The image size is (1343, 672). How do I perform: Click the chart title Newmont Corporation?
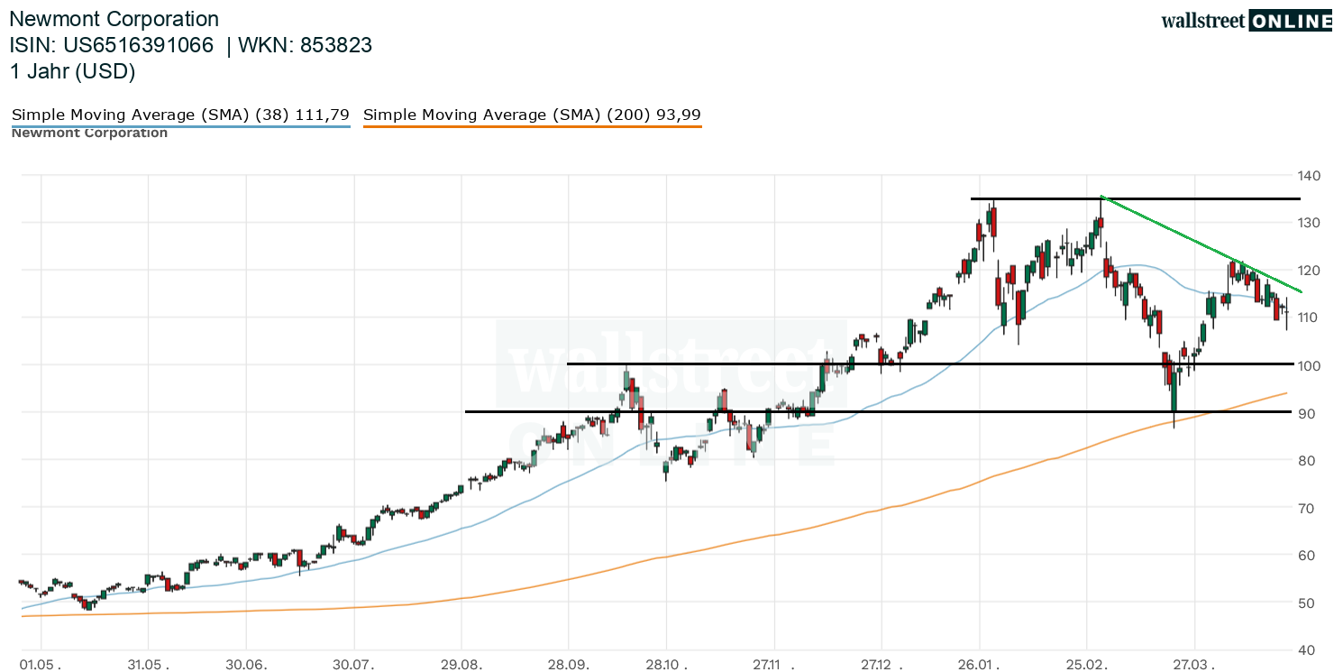pyautogui.click(x=114, y=19)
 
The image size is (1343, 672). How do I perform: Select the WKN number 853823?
pyautogui.click(x=335, y=45)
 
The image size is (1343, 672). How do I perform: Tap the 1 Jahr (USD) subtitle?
pyautogui.click(x=72, y=72)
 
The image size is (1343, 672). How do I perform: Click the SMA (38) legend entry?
pyautogui.click(x=180, y=115)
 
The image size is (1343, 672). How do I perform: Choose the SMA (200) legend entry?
pyautogui.click(x=532, y=115)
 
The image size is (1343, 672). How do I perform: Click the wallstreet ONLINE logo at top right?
pyautogui.click(x=1246, y=21)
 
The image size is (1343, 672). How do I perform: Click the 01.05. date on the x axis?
pyautogui.click(x=42, y=666)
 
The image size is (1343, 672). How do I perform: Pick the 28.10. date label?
pyautogui.click(x=666, y=666)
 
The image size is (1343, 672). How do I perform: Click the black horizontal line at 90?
pyautogui.click(x=901, y=411)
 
